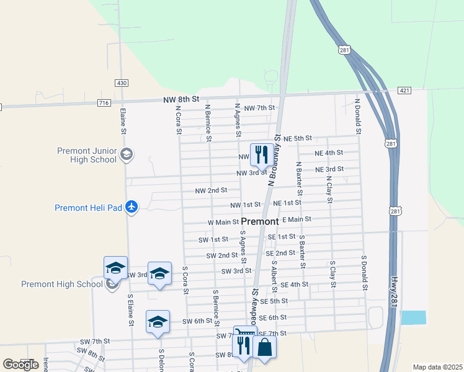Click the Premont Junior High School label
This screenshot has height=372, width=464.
(x=87, y=155)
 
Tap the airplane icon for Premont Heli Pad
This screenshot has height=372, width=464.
(x=131, y=207)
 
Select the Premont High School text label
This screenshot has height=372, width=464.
(x=61, y=284)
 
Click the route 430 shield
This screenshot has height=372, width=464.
(x=122, y=83)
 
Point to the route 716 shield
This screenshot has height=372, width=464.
(x=104, y=102)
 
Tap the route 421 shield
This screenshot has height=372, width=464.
(x=404, y=91)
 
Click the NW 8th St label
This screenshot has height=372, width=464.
(x=181, y=99)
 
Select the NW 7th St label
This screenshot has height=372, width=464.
(x=259, y=108)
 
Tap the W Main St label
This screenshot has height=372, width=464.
(x=223, y=222)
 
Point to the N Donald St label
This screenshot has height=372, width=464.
(x=358, y=115)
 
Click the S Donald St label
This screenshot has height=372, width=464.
(x=365, y=272)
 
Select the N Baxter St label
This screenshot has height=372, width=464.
(x=299, y=175)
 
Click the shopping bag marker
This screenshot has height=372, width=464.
(x=265, y=347)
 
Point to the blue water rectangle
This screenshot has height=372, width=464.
(x=414, y=317)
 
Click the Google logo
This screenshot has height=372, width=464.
(x=20, y=365)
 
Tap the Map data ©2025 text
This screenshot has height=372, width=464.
(x=437, y=367)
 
